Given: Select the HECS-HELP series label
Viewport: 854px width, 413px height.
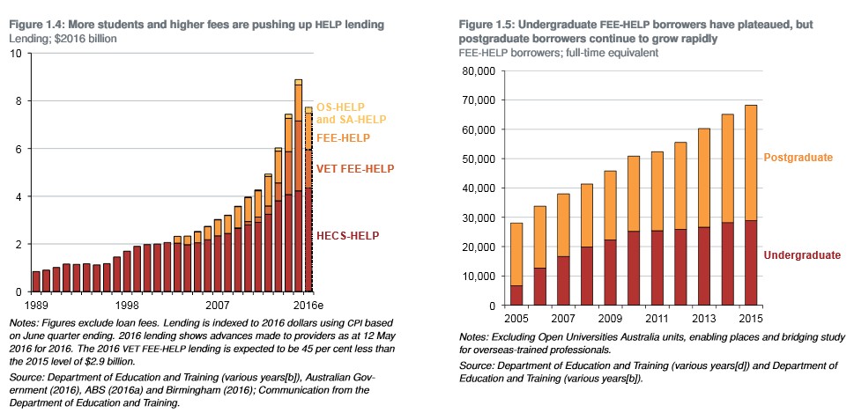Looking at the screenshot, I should tap(348, 236).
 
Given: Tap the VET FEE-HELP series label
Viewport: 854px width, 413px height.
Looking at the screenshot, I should tap(355, 168).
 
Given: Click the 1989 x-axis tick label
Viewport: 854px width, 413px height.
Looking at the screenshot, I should tap(36, 304).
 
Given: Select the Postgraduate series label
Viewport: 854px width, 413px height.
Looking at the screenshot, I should tap(798, 157).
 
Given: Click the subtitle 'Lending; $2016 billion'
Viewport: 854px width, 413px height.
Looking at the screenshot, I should tap(63, 39).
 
